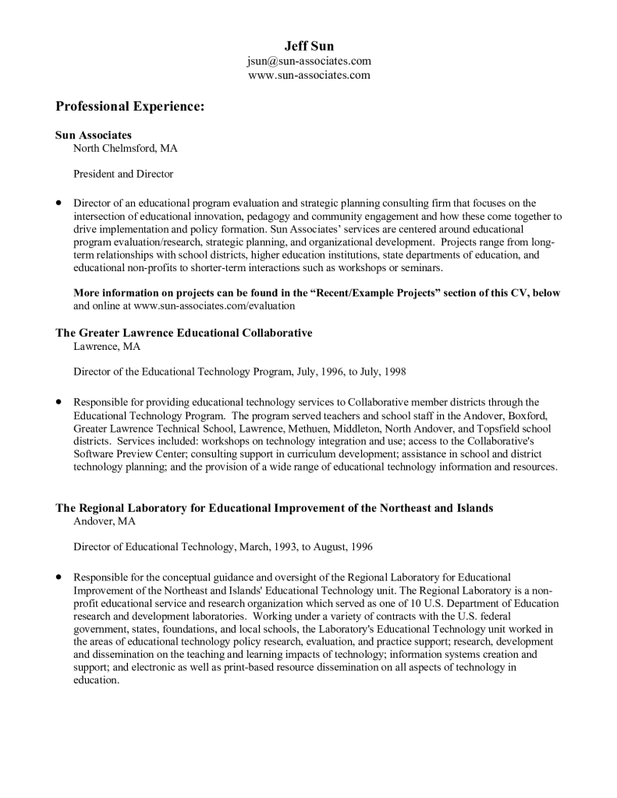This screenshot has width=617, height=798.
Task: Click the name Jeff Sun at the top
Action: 309,46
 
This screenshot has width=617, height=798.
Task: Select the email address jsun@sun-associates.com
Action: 309,61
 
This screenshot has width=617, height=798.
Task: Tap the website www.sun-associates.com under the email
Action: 309,76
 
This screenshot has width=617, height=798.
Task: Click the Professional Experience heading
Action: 129,106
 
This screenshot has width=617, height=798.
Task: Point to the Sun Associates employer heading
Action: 93,135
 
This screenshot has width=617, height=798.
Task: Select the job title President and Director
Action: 123,174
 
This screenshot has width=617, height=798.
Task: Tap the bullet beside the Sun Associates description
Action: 59,202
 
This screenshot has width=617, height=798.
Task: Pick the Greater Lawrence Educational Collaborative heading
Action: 183,333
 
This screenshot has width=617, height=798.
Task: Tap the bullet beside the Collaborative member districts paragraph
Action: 59,402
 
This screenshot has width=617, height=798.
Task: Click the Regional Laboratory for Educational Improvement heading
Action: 274,508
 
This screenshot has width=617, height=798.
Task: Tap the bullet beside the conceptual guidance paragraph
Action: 59,577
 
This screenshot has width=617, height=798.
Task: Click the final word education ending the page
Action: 95,680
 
